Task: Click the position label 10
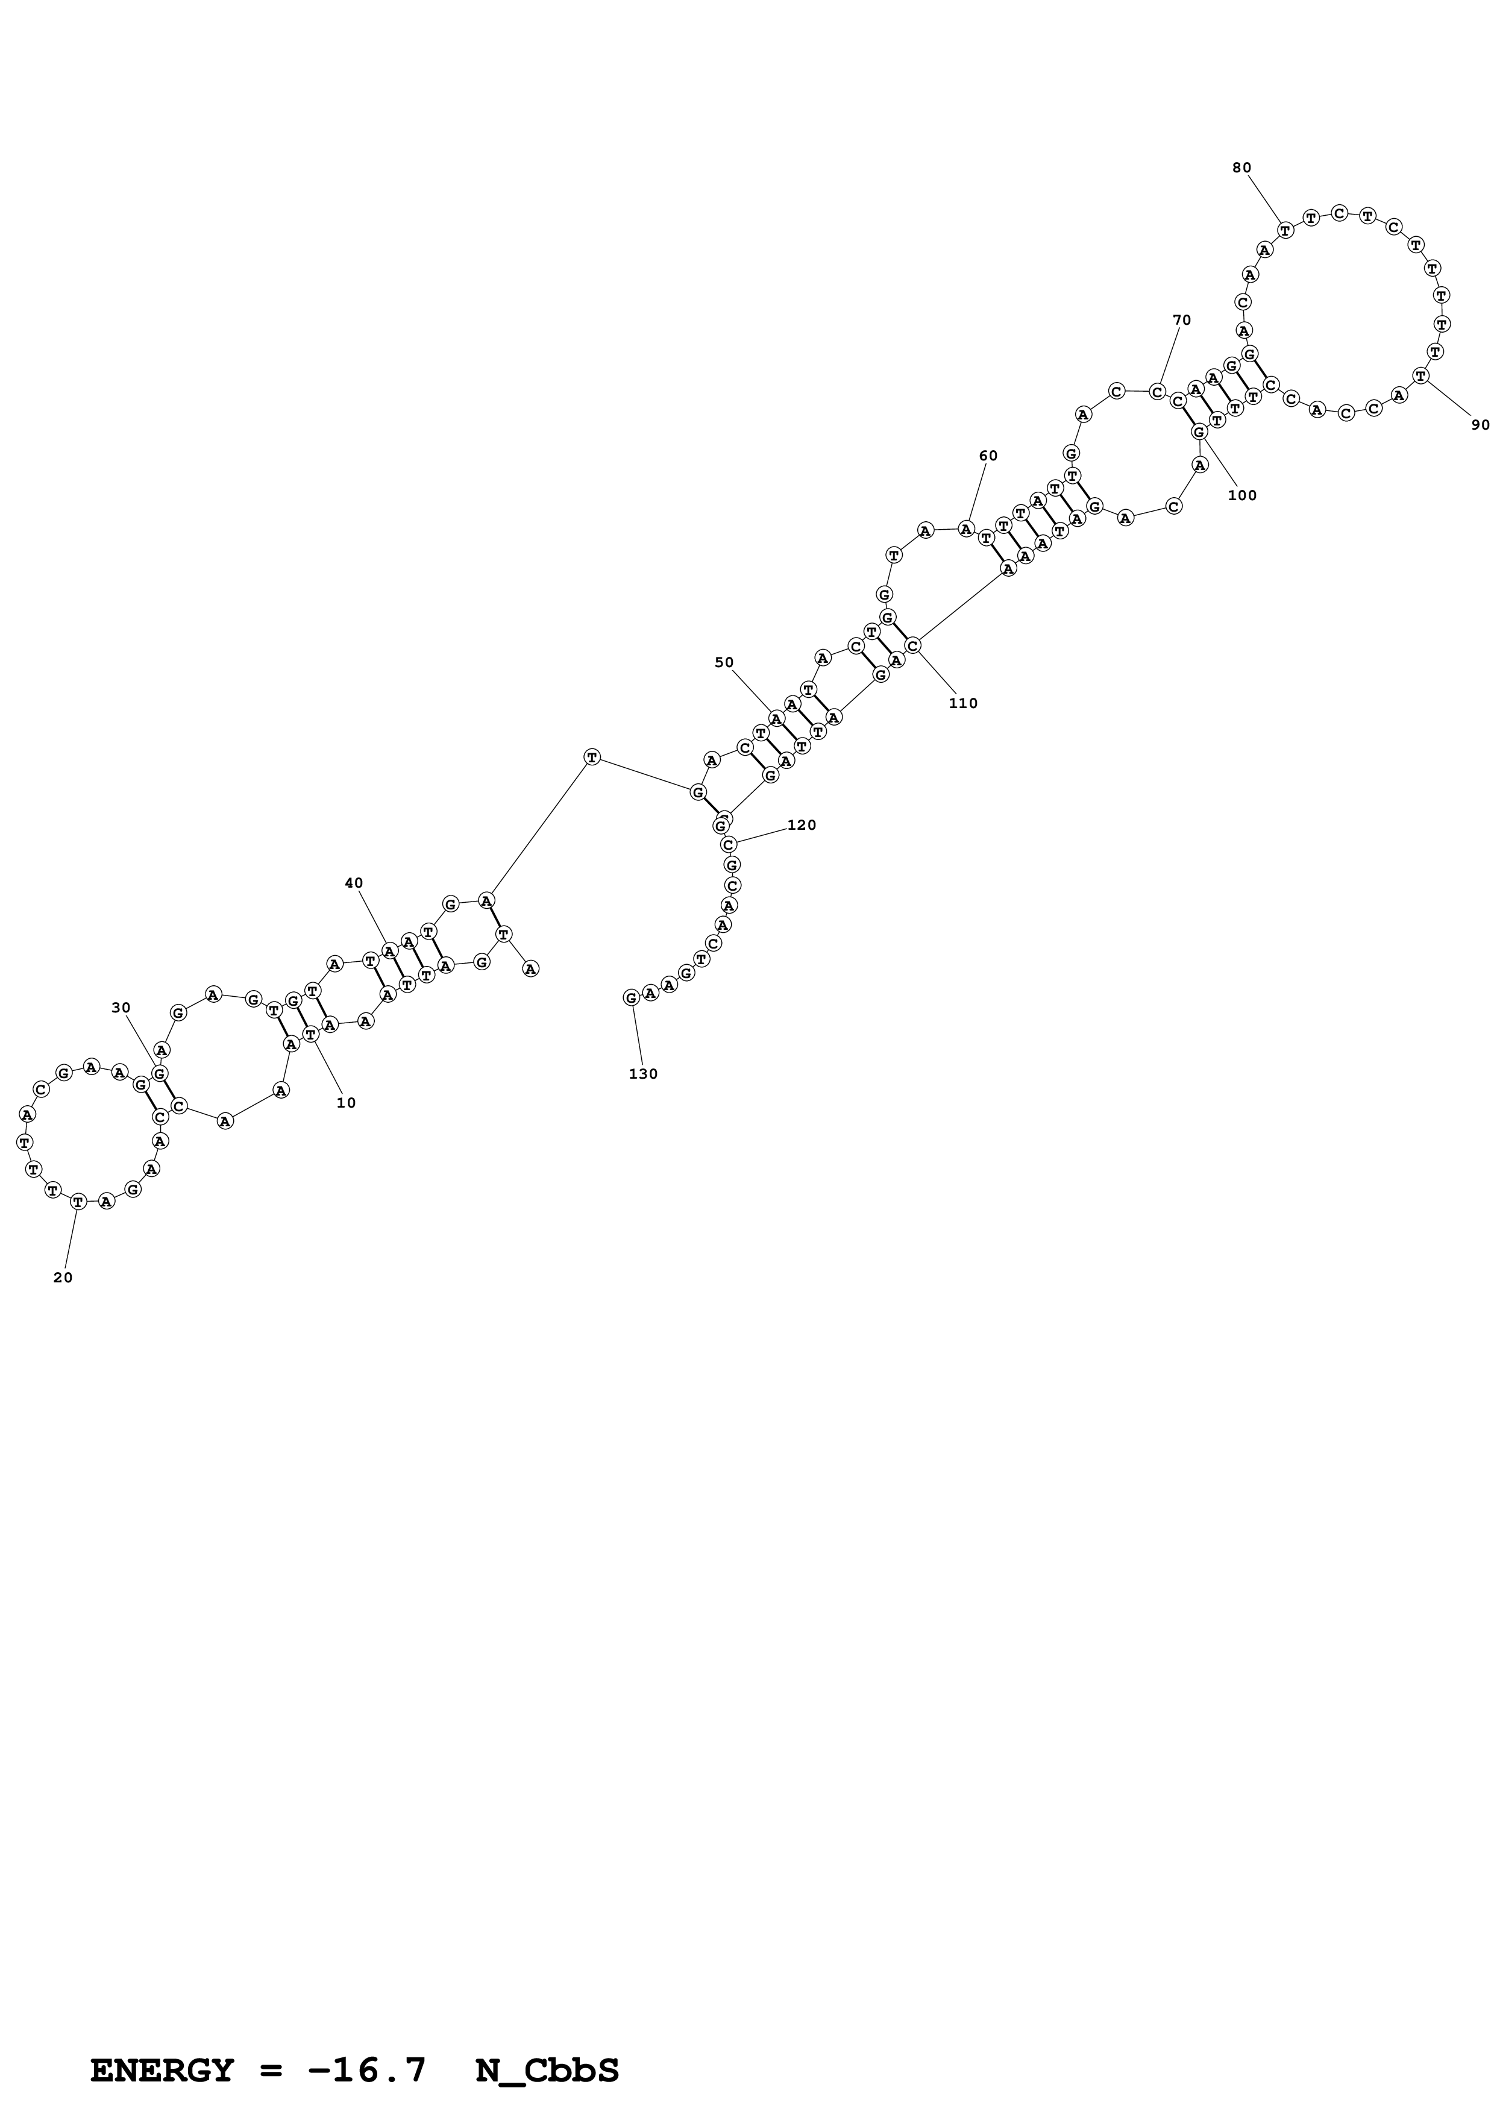[345, 1103]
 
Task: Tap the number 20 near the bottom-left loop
[63, 1278]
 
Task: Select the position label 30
[121, 1008]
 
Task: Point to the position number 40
[354, 883]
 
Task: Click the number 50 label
[724, 663]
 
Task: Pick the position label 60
[988, 456]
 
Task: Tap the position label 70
[1181, 321]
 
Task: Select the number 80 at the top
[1241, 168]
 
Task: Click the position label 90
[1480, 425]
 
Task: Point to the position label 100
[1241, 495]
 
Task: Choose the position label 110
[963, 703]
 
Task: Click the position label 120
[801, 825]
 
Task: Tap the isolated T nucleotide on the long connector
[592, 757]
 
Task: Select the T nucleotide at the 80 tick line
[1285, 229]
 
